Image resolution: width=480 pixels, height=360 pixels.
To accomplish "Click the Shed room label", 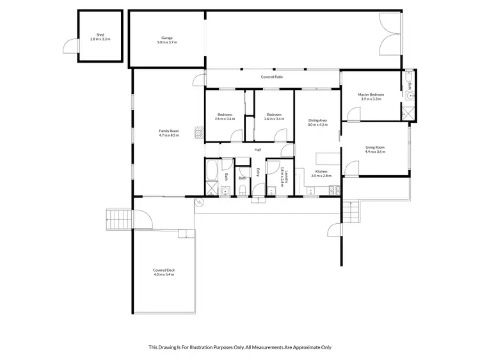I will tap(100, 36).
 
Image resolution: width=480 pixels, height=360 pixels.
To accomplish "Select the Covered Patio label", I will tap(271, 77).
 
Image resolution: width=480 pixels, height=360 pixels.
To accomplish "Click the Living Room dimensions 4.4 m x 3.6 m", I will tap(374, 152).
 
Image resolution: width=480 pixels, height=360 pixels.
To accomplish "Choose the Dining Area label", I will tap(317, 121).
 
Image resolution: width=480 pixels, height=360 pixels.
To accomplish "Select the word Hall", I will tap(257, 150).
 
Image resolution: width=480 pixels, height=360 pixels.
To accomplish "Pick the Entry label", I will tap(257, 172).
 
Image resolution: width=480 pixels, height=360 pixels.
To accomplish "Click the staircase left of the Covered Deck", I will tap(118, 219).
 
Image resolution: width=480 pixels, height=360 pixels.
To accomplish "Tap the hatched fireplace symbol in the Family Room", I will tap(200, 132).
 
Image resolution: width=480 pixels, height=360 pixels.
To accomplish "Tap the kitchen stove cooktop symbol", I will tap(332, 189).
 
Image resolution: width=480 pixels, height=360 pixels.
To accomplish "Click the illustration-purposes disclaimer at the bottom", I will tap(240, 347).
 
